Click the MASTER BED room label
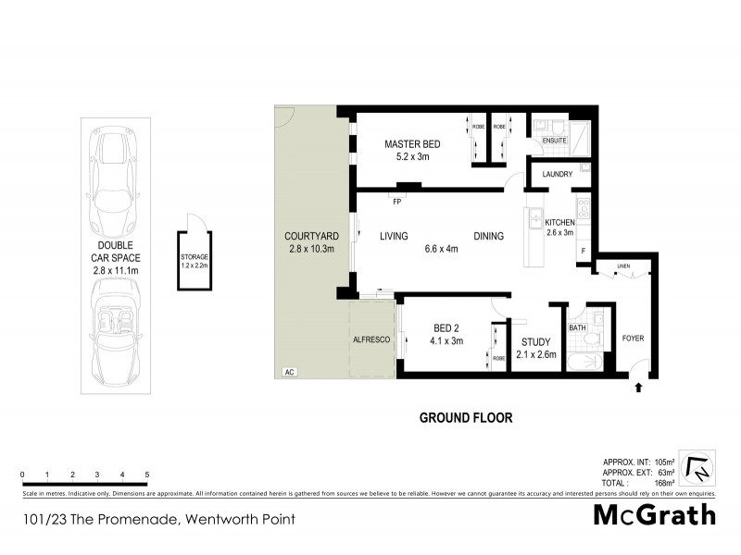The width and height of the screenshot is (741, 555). coord(413,144)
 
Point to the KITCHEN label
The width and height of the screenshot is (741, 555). coord(560,223)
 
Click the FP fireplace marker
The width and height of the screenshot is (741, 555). coord(396,201)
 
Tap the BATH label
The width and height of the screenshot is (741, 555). coord(577,327)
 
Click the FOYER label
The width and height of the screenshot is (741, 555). coord(633,338)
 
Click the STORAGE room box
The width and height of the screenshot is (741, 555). coord(195,260)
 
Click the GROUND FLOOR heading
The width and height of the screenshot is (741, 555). coord(466,417)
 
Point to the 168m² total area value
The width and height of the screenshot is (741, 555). coord(664,482)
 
